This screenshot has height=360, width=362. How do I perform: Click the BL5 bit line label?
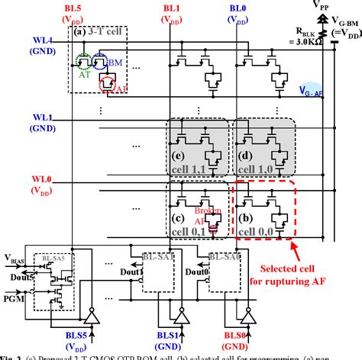tap(74, 8)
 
